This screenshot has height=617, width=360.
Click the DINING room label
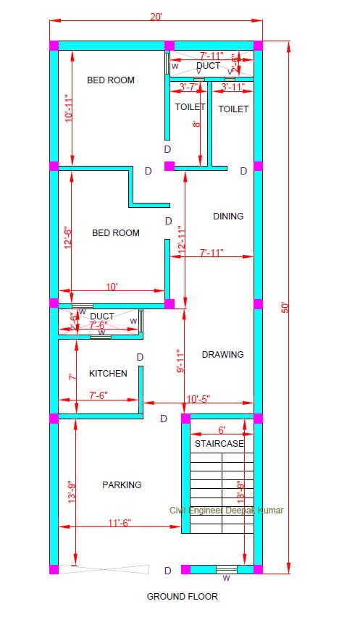tap(228, 216)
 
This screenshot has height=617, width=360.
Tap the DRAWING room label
tap(222, 355)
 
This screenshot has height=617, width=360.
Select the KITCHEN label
tap(108, 374)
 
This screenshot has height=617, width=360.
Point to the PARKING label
tap(122, 484)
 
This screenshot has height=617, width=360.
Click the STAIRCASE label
tap(219, 444)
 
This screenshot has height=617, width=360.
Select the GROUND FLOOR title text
tap(182, 597)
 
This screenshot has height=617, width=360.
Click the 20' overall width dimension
tap(156, 16)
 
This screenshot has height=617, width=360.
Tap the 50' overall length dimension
tap(285, 307)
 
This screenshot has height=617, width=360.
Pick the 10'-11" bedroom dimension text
tap(69, 109)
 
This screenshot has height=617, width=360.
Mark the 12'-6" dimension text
tap(69, 238)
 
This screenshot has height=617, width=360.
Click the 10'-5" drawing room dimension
tap(198, 398)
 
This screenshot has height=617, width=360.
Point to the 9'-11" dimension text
tap(180, 361)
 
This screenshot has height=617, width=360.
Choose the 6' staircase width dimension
tap(222, 429)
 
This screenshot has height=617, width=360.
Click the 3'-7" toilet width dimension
tap(188, 87)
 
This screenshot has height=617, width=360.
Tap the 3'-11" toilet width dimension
tap(233, 87)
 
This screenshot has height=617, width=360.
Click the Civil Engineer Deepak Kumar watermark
tap(226, 511)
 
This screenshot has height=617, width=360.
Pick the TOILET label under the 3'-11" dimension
tap(233, 109)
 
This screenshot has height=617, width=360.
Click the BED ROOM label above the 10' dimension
tap(116, 233)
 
